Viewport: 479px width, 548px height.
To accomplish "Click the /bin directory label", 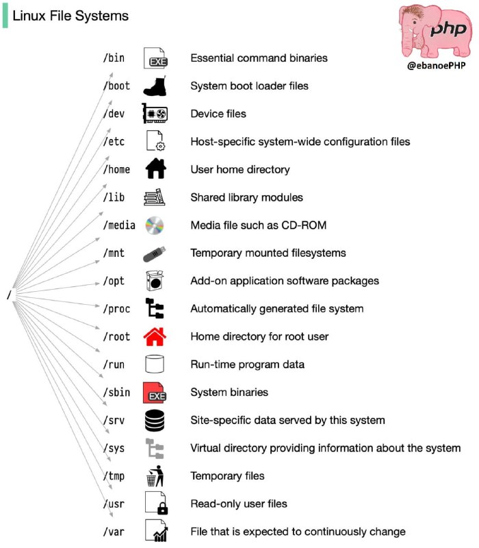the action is [x=114, y=58].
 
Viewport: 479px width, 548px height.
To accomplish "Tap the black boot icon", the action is [x=155, y=86].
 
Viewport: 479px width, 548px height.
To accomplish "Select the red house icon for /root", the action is [x=155, y=336].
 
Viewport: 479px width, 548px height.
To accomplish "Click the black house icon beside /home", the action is [x=155, y=169].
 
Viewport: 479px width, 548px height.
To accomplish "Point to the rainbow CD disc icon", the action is [x=155, y=225].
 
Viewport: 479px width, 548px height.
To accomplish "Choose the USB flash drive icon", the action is [x=155, y=254].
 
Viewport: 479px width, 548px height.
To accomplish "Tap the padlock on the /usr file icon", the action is [x=162, y=508].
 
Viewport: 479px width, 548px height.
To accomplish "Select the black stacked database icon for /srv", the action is [x=155, y=421].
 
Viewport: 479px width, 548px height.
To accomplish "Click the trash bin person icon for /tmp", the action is [x=155, y=476].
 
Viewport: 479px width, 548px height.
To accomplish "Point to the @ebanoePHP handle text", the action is [x=436, y=65].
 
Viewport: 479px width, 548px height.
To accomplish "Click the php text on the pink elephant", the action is [x=449, y=29].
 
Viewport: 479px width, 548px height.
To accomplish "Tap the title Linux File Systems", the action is [x=70, y=16].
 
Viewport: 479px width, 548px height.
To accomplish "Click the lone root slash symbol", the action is [x=10, y=295].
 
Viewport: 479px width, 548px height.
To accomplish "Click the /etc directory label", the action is [x=114, y=142].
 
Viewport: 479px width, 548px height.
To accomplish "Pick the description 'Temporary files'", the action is [x=227, y=475].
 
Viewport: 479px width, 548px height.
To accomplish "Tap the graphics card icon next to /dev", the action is [x=155, y=113].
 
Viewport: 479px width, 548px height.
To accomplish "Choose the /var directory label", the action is [x=114, y=532].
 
